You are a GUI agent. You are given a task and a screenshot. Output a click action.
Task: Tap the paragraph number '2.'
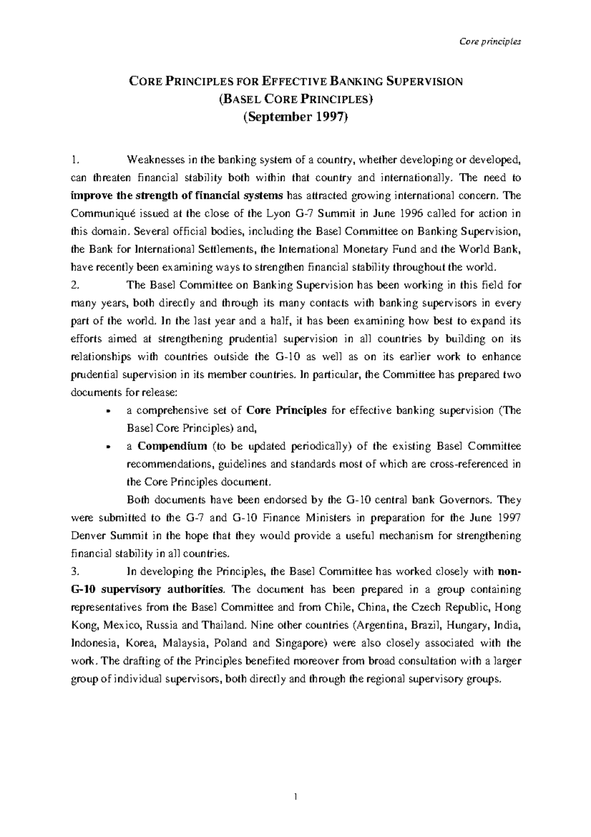pyautogui.click(x=74, y=285)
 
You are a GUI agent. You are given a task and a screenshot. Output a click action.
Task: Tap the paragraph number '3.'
pyautogui.click(x=74, y=572)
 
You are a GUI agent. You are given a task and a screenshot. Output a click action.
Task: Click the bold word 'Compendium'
pyautogui.click(x=172, y=447)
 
